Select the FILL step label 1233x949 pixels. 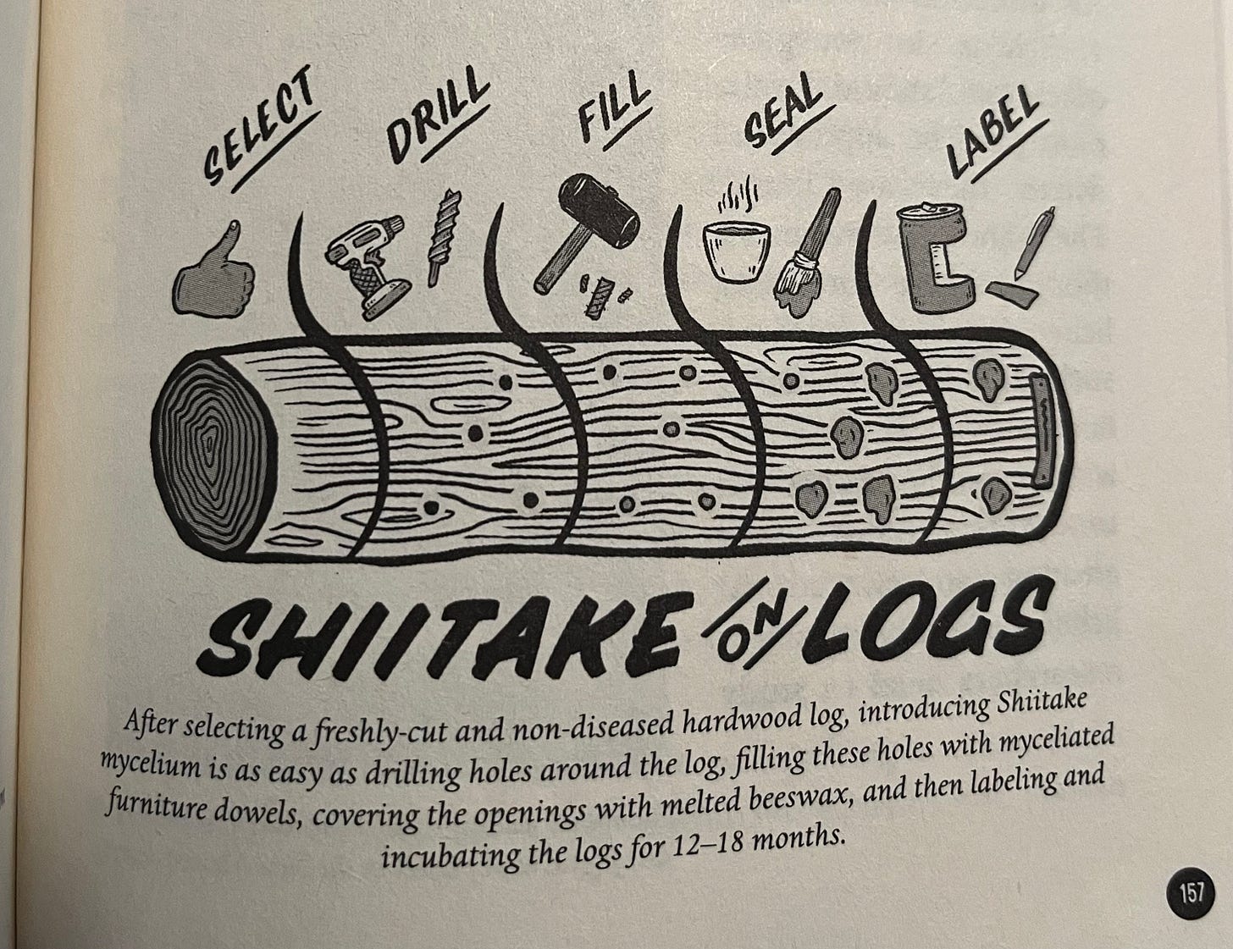614,113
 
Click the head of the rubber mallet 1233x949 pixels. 599,210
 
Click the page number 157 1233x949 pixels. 1191,893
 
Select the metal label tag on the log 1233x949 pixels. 1042,430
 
